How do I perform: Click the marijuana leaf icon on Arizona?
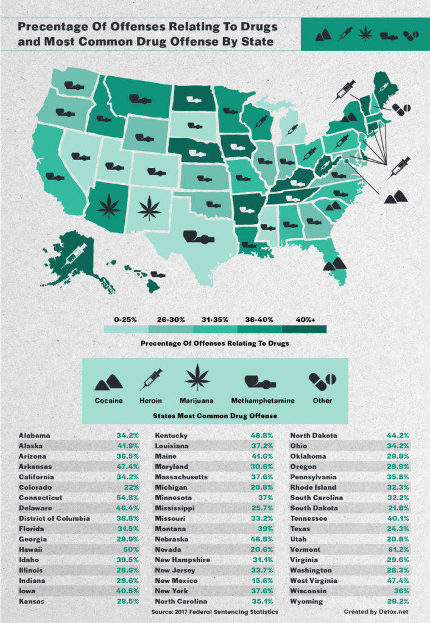pyautogui.click(x=109, y=206)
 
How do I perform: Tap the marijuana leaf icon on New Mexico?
pyautogui.click(x=149, y=209)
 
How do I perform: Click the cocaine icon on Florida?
pyautogui.click(x=334, y=263)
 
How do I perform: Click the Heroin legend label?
pyautogui.click(x=151, y=400)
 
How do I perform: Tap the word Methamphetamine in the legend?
pyautogui.click(x=263, y=400)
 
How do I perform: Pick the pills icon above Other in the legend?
pyautogui.click(x=322, y=381)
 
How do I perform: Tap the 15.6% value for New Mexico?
pyautogui.click(x=261, y=581)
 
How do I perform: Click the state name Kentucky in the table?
pyautogui.click(x=172, y=436)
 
